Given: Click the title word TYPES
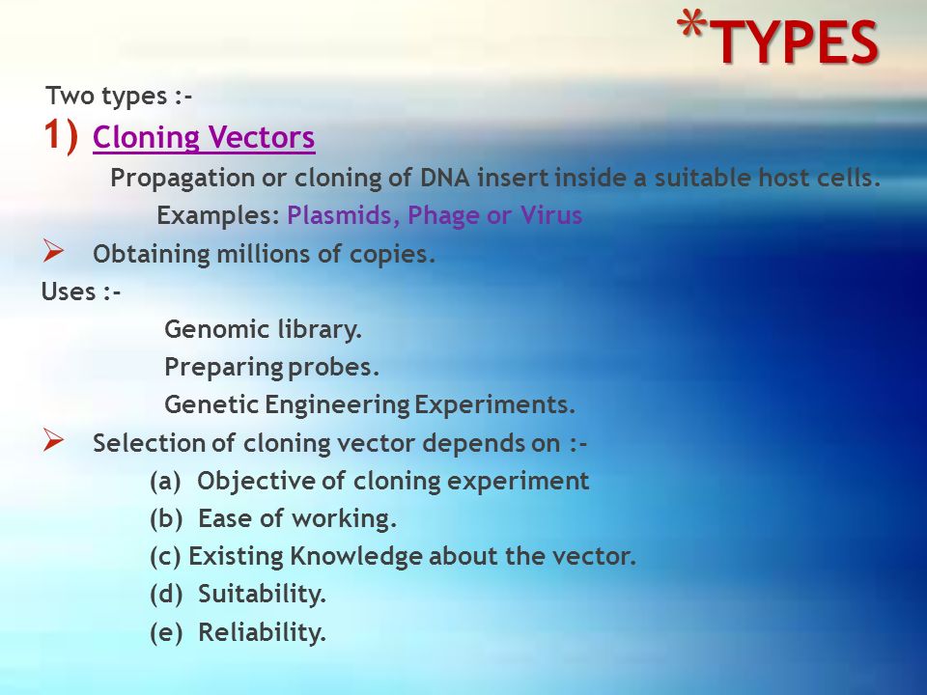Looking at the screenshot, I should pyautogui.click(x=798, y=42).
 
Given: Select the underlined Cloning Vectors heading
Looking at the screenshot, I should pyautogui.click(x=204, y=139).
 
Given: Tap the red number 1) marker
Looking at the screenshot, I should pyautogui.click(x=61, y=136).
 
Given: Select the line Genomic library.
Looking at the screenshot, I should pyautogui.click(x=263, y=330).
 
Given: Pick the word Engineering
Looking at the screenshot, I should pyautogui.click(x=333, y=405).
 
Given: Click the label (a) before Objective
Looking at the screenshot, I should pyautogui.click(x=166, y=481).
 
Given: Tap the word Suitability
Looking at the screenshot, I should pyautogui.click(x=262, y=595).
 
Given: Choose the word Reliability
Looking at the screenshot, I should pyautogui.click(x=262, y=633).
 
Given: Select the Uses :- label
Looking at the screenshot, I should pyautogui.click(x=81, y=292).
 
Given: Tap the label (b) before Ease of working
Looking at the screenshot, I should pyautogui.click(x=166, y=519).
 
